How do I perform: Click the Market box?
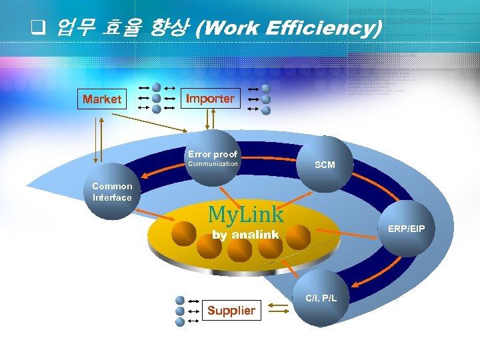(102, 99)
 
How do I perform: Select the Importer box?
(210, 99)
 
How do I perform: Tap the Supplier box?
(231, 310)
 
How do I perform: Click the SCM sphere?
(325, 164)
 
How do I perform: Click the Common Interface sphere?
(112, 193)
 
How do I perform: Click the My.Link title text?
(246, 214)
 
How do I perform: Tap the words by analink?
(245, 235)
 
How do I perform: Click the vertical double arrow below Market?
(99, 139)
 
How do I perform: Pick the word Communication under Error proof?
(213, 164)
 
